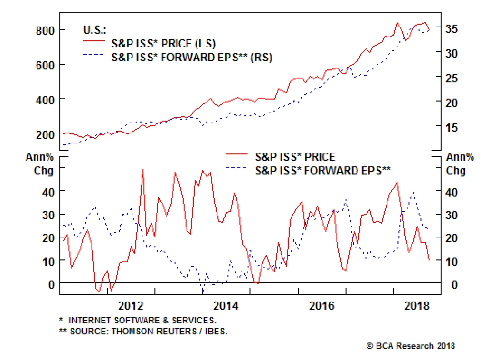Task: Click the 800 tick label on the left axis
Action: coord(45,31)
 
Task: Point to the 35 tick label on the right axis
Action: coord(451,29)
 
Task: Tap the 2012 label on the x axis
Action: coord(131,305)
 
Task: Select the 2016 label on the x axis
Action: coord(322,305)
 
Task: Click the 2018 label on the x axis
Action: coord(417,305)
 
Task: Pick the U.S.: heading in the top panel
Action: coord(95,30)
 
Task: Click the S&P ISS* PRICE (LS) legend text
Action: coord(163,43)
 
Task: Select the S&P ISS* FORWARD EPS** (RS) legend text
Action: coord(192,57)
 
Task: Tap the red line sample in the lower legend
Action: coord(237,154)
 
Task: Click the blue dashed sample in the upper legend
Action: coord(93,54)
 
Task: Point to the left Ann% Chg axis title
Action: coord(40,163)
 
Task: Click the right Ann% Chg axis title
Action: coord(460,163)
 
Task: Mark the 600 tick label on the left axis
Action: coord(45,65)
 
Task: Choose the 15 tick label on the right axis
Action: coord(451,127)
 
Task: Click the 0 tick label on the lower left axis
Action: coord(52,284)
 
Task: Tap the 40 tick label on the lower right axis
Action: coord(451,192)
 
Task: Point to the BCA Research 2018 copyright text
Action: coord(411,346)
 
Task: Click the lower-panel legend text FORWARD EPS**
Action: coord(347,171)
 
